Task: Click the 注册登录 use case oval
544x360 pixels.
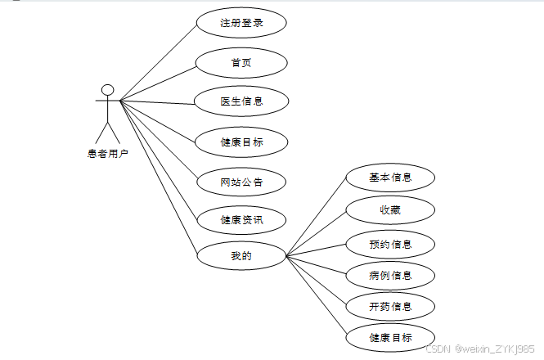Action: [x=241, y=23]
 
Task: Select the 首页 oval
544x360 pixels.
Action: [x=241, y=62]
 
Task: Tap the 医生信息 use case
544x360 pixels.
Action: [x=241, y=101]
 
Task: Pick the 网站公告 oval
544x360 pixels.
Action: [x=241, y=182]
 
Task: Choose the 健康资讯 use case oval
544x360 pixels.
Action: [x=241, y=219]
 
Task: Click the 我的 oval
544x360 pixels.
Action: [x=241, y=256]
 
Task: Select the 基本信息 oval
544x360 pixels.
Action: [x=389, y=177]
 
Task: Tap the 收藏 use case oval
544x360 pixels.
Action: [x=389, y=210]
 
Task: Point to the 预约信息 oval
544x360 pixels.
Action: [x=389, y=244]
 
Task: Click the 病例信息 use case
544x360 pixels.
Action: [x=389, y=275]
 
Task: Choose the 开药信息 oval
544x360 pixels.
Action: [x=389, y=306]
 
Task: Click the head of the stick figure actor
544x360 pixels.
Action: [x=106, y=89]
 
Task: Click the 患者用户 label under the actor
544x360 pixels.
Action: [x=107, y=153]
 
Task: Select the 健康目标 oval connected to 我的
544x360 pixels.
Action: [x=389, y=337]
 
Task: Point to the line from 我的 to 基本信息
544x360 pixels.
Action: [x=317, y=216]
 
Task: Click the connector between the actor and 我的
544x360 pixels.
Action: [x=158, y=177]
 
